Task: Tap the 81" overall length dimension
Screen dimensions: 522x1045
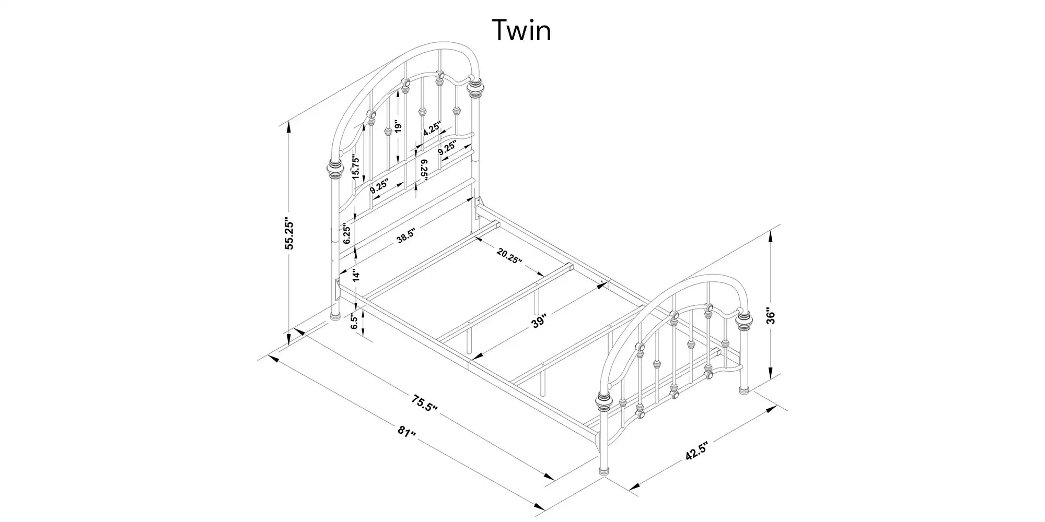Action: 407,433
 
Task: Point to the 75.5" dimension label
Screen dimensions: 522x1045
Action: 424,404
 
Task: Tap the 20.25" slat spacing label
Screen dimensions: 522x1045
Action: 509,256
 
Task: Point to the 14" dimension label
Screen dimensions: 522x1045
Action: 356,276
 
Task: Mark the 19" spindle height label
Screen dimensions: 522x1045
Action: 398,127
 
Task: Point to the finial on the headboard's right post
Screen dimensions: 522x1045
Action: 475,87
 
